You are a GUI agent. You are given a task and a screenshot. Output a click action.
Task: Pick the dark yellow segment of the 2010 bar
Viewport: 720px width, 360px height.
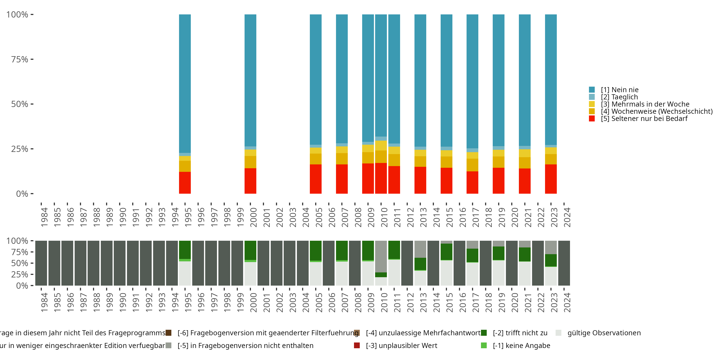[x=381, y=156]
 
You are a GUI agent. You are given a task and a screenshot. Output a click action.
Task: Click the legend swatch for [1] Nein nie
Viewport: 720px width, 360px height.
[x=592, y=90]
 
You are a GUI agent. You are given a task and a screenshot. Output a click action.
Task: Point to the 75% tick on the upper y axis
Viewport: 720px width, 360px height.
[x=32, y=59]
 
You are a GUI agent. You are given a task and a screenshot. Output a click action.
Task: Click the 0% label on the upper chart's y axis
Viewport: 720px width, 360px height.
[x=22, y=194]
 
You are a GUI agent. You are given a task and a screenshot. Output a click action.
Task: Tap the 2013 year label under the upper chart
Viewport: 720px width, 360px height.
[x=423, y=217]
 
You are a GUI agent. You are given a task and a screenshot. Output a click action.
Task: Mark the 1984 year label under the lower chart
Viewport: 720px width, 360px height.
[x=44, y=302]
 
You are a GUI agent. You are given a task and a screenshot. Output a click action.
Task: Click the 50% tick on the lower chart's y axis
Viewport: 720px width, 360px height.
[x=32, y=263]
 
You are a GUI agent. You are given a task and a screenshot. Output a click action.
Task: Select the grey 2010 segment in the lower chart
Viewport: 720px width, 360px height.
[x=381, y=256]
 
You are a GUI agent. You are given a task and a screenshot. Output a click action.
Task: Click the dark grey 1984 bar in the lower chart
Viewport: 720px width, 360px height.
[x=41, y=263]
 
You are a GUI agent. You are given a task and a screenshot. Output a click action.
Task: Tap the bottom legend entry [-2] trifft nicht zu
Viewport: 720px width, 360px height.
[x=520, y=333]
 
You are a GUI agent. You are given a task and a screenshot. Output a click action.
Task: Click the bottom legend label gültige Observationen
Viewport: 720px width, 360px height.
[x=604, y=333]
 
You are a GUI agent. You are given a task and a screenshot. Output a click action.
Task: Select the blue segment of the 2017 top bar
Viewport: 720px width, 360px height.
[x=472, y=81]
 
